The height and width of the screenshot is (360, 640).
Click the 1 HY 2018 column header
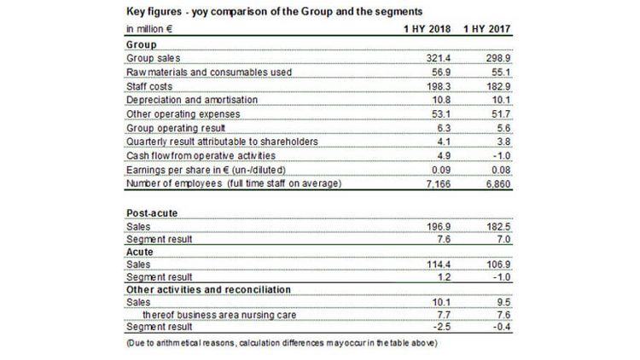(427, 29)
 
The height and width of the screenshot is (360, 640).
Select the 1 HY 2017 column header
(487, 29)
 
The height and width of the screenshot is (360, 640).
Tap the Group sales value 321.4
(439, 58)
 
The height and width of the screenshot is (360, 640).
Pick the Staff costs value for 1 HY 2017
(498, 86)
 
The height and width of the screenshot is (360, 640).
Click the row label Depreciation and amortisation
(192, 100)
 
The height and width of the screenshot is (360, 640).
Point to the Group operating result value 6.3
(444, 128)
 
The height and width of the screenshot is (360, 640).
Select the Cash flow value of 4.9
(444, 156)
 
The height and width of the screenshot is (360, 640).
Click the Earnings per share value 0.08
(501, 170)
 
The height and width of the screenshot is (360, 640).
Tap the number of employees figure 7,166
(439, 184)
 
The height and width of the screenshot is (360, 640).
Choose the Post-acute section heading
(152, 213)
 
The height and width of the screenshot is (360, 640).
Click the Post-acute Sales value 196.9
(439, 227)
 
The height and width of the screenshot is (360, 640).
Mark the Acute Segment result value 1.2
(444, 277)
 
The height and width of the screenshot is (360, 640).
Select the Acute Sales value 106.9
(498, 264)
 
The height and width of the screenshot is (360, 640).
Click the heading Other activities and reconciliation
(208, 289)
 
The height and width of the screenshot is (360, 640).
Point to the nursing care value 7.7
(444, 315)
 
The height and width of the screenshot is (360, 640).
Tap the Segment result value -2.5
(442, 327)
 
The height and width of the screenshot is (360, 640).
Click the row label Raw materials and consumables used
(209, 73)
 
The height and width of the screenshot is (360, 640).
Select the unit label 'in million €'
(149, 29)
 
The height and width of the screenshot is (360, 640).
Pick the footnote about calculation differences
(282, 343)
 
